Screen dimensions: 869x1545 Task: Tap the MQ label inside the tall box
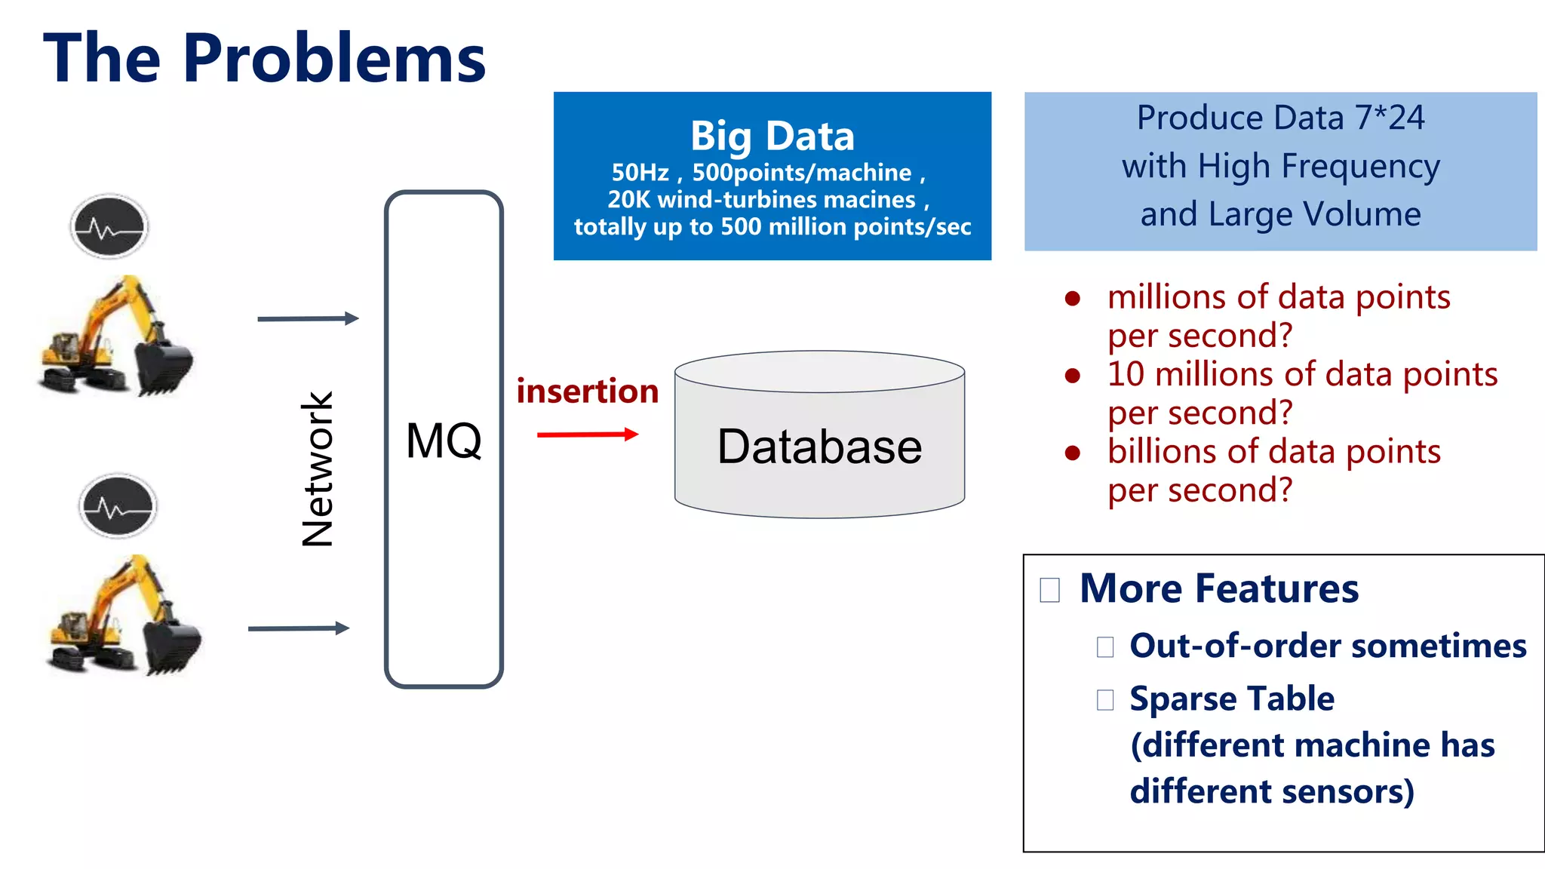[x=444, y=441]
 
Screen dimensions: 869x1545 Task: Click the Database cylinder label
[x=819, y=447]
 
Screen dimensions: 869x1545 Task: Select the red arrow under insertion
[x=588, y=434]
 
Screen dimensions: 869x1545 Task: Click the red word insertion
[x=588, y=391]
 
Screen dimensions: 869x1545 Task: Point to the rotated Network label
[x=318, y=468]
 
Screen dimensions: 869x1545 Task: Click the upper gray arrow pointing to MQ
[x=308, y=318]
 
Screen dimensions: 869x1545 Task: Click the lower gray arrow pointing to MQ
[x=299, y=628]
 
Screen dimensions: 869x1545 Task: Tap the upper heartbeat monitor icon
[x=109, y=226]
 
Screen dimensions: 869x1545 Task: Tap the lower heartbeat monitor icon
[x=118, y=506]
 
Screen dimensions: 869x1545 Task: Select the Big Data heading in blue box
[x=772, y=136]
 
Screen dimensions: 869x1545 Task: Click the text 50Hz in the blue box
[x=640, y=173]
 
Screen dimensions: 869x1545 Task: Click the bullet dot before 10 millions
[x=1073, y=376]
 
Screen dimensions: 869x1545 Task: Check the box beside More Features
[x=1049, y=590]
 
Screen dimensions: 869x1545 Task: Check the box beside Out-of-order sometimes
[x=1105, y=647]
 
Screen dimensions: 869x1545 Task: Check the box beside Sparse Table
[x=1105, y=700]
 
